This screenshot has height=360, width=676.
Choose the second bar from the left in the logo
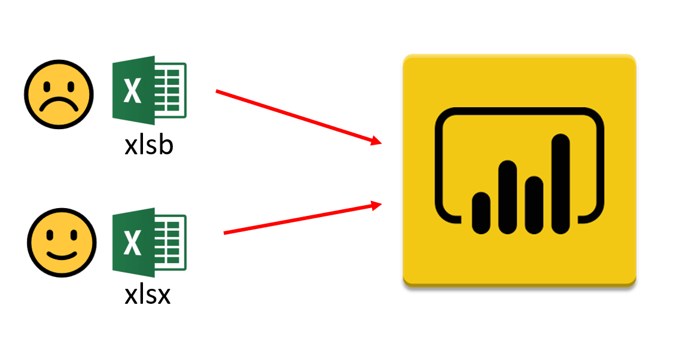[507, 197]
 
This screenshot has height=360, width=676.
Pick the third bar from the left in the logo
[534, 205]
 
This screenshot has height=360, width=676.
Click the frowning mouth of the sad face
[59, 105]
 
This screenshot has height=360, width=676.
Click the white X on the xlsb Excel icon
[132, 91]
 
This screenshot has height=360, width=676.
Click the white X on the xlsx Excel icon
[132, 243]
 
